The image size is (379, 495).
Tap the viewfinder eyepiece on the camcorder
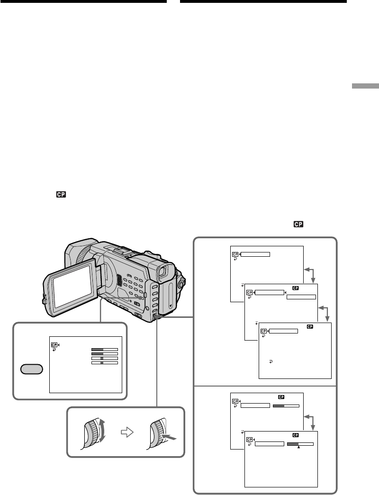[x=164, y=272]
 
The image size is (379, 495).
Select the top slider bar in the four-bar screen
[x=104, y=349]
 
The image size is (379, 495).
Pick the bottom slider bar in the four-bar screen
[x=104, y=363]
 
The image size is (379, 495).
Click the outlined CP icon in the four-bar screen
[x=54, y=345]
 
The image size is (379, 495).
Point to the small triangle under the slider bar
[x=298, y=447]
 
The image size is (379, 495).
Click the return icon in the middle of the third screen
[x=271, y=361]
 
